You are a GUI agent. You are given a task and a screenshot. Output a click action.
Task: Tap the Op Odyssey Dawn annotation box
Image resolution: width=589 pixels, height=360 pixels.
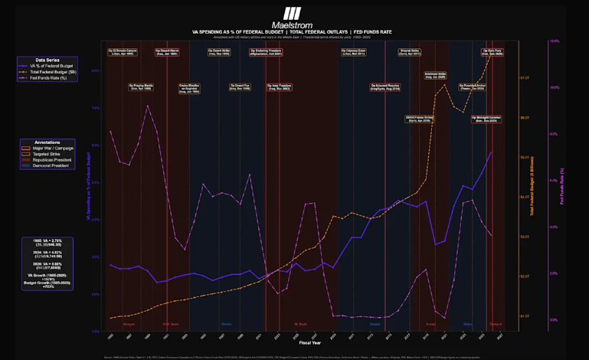click(x=353, y=52)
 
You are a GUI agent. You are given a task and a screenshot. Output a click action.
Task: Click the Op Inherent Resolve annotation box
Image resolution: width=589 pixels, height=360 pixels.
click(x=384, y=87)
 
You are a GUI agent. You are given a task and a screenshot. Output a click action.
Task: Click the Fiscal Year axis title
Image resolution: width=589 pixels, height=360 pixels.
click(x=309, y=342)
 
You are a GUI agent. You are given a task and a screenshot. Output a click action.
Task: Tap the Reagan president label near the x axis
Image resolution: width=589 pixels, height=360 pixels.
click(x=129, y=324)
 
